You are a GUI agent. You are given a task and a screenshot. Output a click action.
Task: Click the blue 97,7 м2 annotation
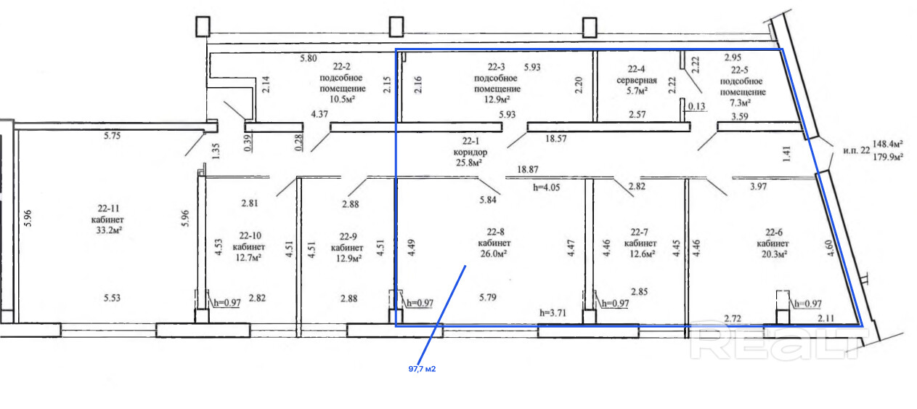coord(422,369)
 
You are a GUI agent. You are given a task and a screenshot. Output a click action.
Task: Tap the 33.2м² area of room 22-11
coord(110,230)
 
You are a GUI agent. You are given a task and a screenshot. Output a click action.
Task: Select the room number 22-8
coord(495,232)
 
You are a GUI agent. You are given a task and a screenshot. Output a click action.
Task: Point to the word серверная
coord(637,80)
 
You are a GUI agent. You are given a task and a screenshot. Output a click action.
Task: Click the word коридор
coord(470,152)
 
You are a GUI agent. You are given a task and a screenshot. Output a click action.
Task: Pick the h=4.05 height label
coord(546,187)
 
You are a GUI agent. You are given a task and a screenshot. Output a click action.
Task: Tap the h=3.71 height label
coord(553,313)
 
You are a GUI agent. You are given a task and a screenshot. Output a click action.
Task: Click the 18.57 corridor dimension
coord(556,139)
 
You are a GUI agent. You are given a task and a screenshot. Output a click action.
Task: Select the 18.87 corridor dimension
coord(528,169)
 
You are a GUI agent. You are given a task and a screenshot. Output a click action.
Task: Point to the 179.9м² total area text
coord(887,157)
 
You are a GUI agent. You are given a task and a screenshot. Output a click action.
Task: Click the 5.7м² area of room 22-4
coord(637,91)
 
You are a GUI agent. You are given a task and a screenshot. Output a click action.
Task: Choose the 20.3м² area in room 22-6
coord(774,254)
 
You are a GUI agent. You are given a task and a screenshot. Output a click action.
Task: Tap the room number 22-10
coord(250,236)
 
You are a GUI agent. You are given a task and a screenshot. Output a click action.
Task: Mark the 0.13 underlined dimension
coord(696,107)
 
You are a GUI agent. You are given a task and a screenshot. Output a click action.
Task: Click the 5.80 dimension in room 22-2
coord(309,58)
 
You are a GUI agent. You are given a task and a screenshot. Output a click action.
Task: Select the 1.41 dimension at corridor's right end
coord(786,154)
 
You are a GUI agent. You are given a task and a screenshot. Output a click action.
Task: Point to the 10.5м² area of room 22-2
coord(342,99)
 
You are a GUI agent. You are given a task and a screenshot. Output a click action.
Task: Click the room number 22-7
coord(639,232)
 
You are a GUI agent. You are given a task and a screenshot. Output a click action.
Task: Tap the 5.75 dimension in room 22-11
coord(112,136)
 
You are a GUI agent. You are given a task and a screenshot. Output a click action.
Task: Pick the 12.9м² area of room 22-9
coord(349,259)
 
